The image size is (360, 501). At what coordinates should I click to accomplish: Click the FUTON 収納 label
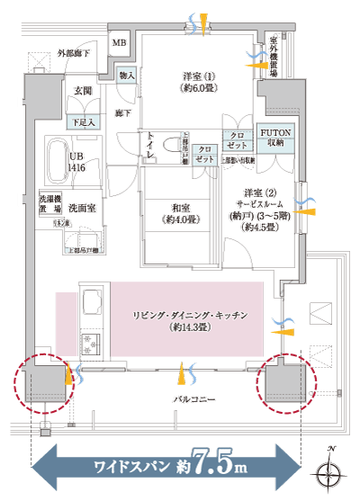tap(274, 136)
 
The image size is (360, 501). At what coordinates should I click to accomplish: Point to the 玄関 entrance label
tap(83, 91)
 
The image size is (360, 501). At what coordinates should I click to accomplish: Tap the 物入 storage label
tap(127, 76)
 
